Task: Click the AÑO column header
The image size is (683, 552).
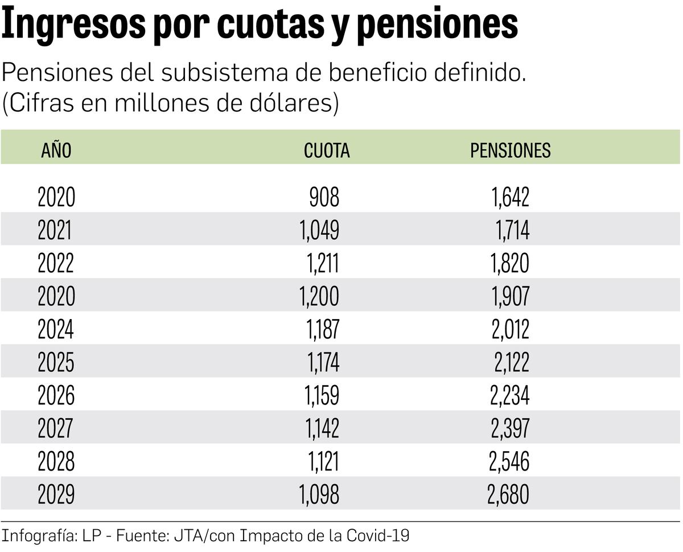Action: click(x=56, y=150)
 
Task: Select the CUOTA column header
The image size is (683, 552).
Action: click(x=327, y=150)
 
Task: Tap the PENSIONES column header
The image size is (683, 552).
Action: click(x=510, y=150)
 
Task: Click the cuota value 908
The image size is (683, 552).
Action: click(x=324, y=198)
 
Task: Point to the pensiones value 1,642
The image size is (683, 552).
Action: click(x=511, y=198)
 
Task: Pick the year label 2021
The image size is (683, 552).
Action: click(x=55, y=231)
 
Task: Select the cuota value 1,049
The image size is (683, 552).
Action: click(x=319, y=231)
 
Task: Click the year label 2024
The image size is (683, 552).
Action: click(x=56, y=330)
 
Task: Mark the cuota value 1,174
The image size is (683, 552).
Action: click(x=323, y=362)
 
